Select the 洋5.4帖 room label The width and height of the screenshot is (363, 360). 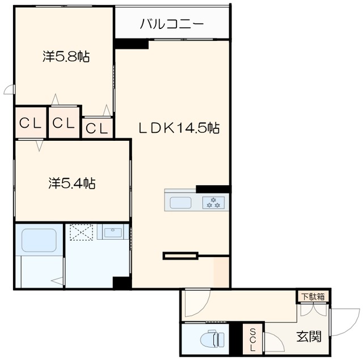(71, 183)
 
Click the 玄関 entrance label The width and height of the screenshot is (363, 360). (309, 337)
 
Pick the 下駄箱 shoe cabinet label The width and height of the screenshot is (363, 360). (313, 296)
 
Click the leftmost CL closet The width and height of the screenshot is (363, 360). (31, 123)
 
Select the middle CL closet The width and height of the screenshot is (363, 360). (64, 123)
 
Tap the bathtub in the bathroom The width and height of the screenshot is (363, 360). (39, 241)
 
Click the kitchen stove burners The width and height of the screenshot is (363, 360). (215, 202)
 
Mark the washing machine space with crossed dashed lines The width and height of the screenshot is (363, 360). (81, 233)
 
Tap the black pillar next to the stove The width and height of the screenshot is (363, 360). (213, 189)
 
